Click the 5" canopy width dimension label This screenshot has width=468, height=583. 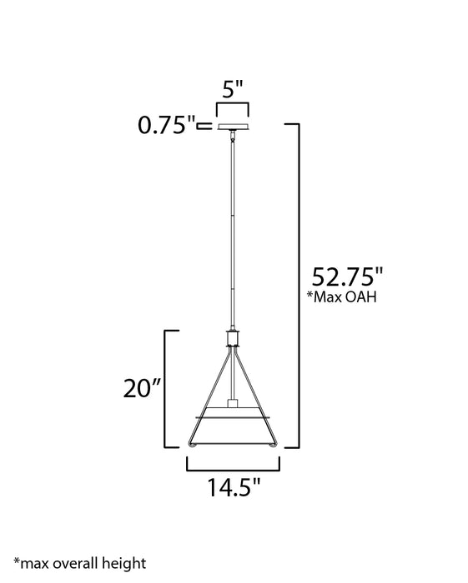click(232, 87)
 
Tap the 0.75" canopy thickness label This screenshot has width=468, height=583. click(167, 126)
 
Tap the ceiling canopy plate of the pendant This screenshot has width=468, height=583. click(233, 127)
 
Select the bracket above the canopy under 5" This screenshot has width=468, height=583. click(233, 106)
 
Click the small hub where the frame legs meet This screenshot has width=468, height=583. click(233, 339)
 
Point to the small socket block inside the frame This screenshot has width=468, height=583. click(233, 404)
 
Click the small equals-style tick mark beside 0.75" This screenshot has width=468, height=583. click(204, 127)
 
